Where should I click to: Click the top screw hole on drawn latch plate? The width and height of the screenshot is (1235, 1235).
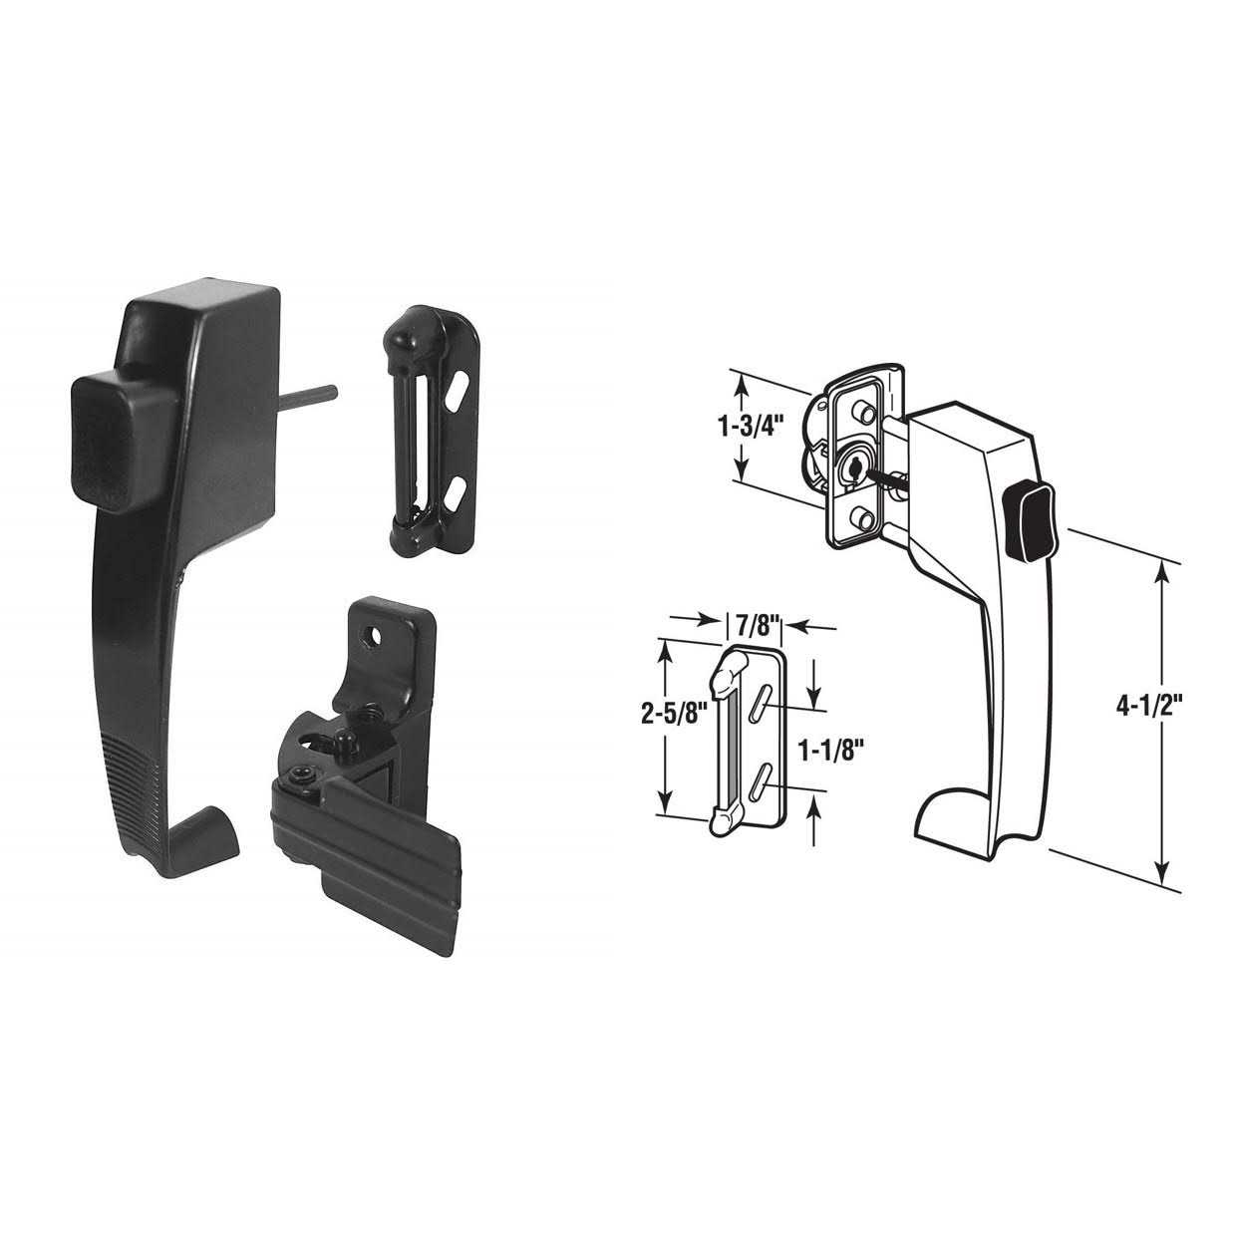pyautogui.click(x=858, y=415)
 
